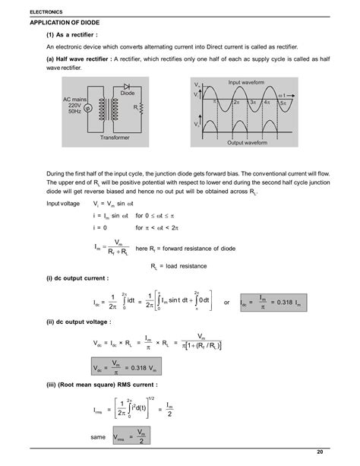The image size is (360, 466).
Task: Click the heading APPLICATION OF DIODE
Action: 69,23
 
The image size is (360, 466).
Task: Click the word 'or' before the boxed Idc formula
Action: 226,303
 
